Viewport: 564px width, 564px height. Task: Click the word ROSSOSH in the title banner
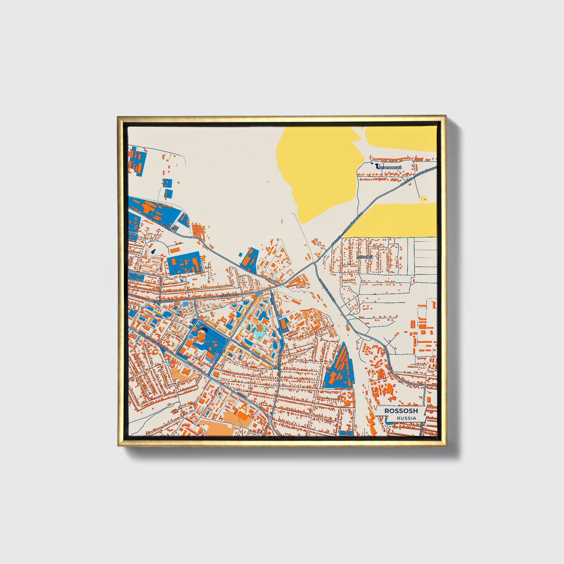(x=401, y=411)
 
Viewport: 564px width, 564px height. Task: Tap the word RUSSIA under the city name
(x=406, y=418)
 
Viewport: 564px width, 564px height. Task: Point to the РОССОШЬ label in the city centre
(x=206, y=341)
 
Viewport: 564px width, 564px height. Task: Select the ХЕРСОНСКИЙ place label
(x=390, y=167)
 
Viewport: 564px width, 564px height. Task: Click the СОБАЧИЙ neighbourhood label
(x=365, y=257)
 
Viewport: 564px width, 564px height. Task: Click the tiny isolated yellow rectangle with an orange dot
(x=423, y=199)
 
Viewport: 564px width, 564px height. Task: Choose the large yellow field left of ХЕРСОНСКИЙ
(x=316, y=172)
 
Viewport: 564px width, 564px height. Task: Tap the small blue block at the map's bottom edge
(x=345, y=433)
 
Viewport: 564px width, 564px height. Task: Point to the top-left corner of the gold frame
(x=118, y=116)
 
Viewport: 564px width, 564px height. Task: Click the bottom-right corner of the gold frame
(x=445, y=446)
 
